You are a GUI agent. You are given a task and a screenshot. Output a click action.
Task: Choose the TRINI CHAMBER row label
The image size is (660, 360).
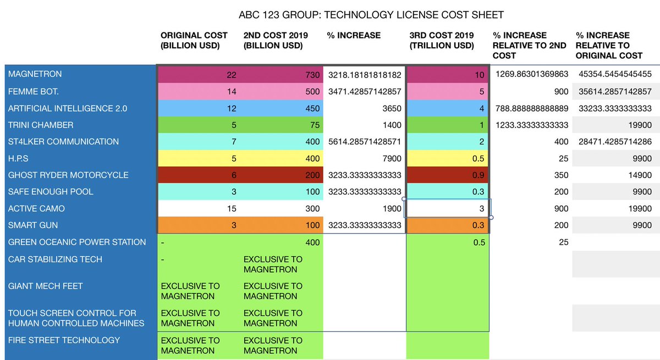(41, 125)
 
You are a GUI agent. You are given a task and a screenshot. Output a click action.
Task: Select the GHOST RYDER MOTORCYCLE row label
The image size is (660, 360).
(68, 175)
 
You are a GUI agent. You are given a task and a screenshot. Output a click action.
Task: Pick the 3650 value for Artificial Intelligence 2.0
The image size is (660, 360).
(392, 108)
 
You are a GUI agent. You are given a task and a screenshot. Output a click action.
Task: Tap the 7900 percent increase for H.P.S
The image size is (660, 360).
(392, 158)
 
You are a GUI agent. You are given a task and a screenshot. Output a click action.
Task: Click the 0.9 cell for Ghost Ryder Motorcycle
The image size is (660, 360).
(478, 175)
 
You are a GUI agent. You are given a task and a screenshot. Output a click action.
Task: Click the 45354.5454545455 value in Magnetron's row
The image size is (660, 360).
(615, 74)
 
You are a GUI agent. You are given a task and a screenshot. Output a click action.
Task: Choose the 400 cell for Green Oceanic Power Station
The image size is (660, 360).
(311, 242)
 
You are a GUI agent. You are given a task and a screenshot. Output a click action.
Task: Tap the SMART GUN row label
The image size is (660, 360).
(33, 225)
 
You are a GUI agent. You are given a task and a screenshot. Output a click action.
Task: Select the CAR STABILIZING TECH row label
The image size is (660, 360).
(55, 259)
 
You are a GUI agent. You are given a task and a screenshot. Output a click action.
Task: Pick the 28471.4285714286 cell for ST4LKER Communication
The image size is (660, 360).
(615, 142)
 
